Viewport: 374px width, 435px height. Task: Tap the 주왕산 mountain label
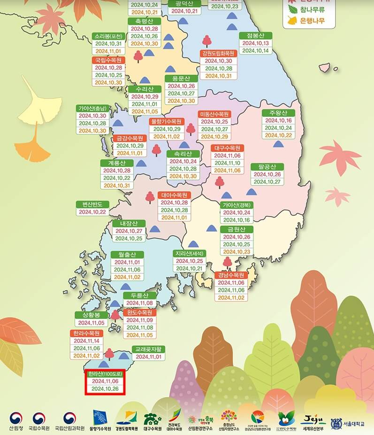click(x=278, y=113)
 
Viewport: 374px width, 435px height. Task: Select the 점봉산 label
click(x=256, y=36)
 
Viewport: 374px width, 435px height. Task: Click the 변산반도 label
click(x=93, y=204)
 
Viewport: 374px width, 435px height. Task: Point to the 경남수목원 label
click(x=231, y=275)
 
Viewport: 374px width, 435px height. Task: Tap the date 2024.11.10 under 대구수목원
click(x=227, y=163)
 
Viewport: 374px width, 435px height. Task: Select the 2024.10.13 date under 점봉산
click(x=256, y=43)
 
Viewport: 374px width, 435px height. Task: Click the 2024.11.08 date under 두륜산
click(x=139, y=303)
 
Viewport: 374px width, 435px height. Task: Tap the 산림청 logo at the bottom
click(x=16, y=421)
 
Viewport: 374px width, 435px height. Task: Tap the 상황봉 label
click(x=91, y=315)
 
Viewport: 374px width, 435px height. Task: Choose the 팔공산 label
click(x=267, y=167)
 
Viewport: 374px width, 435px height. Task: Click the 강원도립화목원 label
click(x=219, y=53)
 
